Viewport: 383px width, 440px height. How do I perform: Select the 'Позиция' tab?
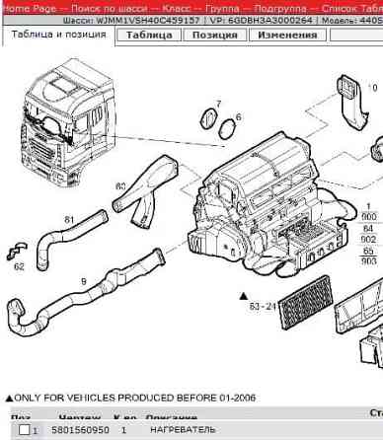coord(213,36)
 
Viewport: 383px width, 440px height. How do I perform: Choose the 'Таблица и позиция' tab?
coord(56,35)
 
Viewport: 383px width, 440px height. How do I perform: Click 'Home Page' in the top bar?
coord(29,7)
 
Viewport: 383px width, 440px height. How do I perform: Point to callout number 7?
coord(218,104)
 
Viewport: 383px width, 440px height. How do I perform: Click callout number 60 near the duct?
coord(120,185)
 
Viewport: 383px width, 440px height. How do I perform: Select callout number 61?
coord(69,219)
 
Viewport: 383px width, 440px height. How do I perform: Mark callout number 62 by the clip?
coord(19,265)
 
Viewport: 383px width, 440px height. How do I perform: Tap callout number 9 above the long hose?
coord(83,282)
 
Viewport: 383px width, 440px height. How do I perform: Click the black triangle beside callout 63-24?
coord(241,295)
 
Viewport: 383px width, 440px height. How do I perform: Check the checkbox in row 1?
coord(24,431)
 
